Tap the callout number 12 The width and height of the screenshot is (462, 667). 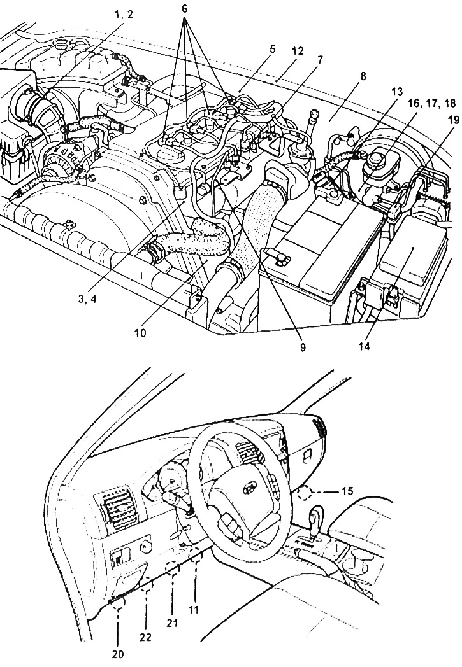(x=298, y=51)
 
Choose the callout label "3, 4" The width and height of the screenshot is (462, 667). (x=87, y=300)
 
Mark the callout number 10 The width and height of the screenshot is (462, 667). (x=140, y=333)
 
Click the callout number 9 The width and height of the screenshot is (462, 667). (x=302, y=347)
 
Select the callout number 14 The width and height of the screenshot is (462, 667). (x=364, y=347)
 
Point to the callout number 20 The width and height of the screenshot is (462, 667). (x=117, y=654)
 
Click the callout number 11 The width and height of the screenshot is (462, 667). (x=194, y=610)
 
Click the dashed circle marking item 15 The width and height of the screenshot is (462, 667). (x=305, y=493)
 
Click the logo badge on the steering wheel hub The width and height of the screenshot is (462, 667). (x=249, y=489)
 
